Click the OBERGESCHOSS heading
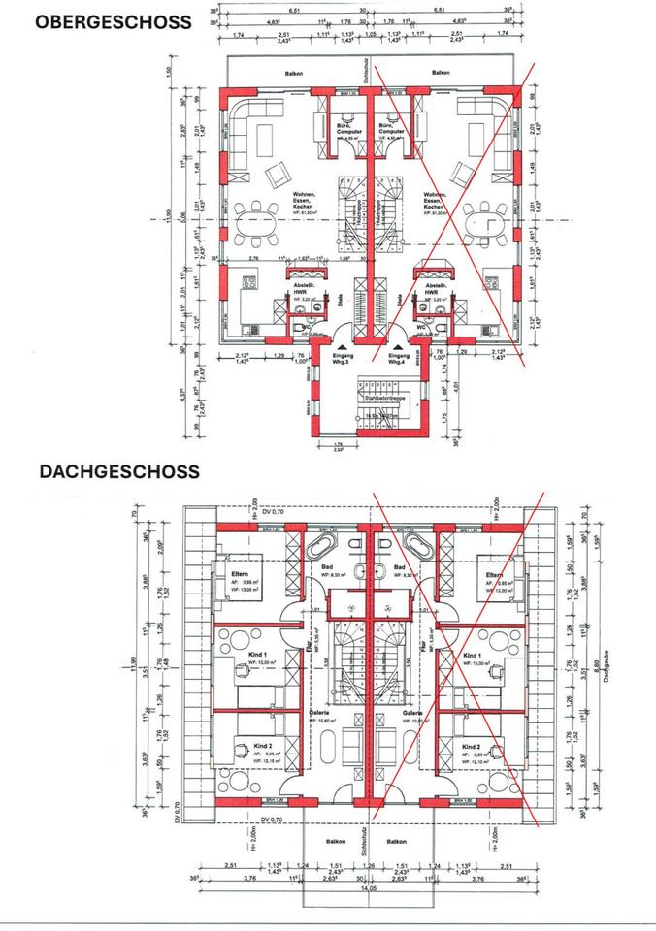click(x=113, y=22)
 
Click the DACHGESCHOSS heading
click(x=119, y=471)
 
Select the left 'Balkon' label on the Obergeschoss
click(x=295, y=74)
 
